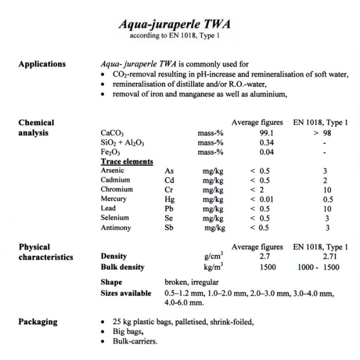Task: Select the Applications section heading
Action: (x=42, y=64)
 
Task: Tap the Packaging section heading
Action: (x=38, y=322)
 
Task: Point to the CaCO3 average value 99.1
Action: (x=266, y=133)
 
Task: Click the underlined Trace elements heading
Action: (x=127, y=162)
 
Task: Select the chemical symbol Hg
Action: (x=169, y=199)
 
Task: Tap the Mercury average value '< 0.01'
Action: (x=263, y=199)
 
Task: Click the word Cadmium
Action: (x=115, y=180)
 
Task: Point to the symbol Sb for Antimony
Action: (x=169, y=228)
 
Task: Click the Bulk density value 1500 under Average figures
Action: (x=267, y=267)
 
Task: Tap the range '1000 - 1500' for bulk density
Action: (x=319, y=267)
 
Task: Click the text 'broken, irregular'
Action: (x=191, y=282)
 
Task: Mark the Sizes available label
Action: (x=126, y=293)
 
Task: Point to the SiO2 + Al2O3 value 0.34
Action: (x=266, y=142)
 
